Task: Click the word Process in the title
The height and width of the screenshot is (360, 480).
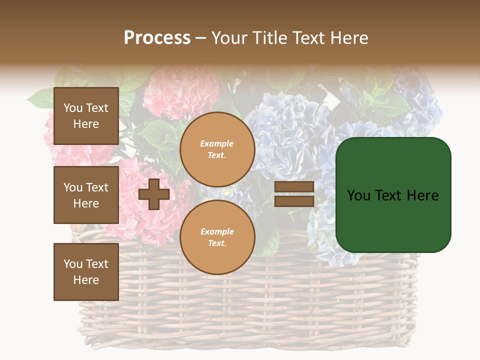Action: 157,38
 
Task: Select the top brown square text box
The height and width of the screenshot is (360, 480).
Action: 86,116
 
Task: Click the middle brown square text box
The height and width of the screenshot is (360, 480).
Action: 86,195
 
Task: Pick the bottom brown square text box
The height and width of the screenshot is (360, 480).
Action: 86,271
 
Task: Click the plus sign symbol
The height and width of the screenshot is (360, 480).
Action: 154,194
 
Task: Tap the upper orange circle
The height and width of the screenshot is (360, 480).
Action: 217,149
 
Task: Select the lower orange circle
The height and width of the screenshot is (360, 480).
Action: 217,237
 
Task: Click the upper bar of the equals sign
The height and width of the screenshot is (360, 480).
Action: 294,187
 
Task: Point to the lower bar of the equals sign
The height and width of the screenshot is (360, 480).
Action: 294,201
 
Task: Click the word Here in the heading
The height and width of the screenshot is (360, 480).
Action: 348,38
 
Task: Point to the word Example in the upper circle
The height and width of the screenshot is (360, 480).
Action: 217,143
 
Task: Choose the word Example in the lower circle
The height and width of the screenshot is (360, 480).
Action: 217,231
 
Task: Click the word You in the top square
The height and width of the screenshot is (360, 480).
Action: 73,108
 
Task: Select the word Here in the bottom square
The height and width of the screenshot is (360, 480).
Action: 86,280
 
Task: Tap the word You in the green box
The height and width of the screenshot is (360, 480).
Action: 358,195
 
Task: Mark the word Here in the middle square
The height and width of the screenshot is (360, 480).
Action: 86,203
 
